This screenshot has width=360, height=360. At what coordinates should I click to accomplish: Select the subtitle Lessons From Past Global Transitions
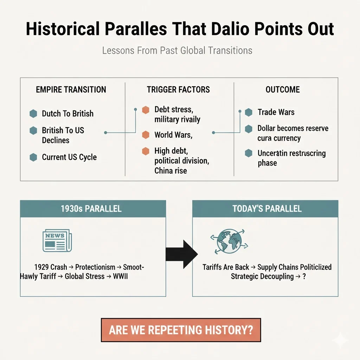[177, 50]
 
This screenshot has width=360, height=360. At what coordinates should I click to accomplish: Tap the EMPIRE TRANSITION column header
[71, 90]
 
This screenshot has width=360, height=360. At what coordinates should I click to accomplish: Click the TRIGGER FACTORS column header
[178, 90]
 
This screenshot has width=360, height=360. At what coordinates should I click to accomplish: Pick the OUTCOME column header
[283, 90]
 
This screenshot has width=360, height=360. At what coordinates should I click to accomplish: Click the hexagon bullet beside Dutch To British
[33, 114]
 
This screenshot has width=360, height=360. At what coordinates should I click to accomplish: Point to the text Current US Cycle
[69, 157]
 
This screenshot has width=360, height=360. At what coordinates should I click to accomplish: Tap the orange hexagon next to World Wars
[146, 135]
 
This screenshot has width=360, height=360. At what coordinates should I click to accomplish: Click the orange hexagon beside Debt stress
[146, 110]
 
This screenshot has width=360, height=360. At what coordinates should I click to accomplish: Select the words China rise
[171, 171]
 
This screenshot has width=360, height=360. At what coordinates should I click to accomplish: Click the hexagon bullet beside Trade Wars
[249, 112]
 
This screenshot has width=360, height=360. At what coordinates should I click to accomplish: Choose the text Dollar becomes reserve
[293, 128]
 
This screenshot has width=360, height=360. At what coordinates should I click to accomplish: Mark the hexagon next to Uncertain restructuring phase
[249, 153]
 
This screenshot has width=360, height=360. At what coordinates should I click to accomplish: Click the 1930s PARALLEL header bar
[93, 208]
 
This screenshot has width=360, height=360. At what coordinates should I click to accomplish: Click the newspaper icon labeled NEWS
[56, 241]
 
